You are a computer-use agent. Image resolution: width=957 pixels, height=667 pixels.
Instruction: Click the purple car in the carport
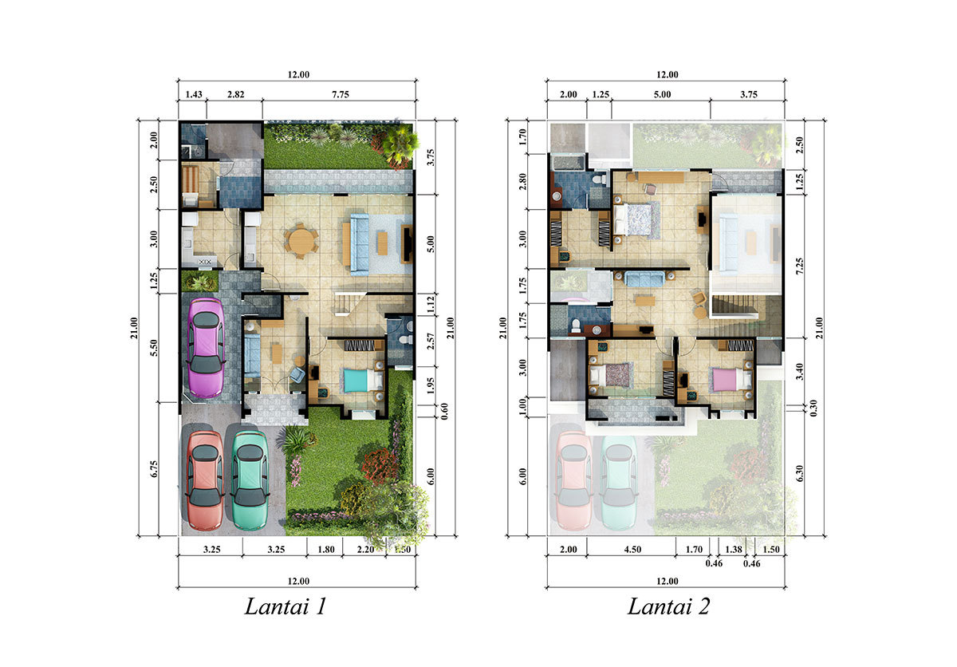click(x=206, y=348)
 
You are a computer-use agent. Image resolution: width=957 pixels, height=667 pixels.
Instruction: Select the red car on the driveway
click(x=205, y=480)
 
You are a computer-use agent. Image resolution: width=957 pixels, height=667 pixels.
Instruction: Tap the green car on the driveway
click(x=250, y=480)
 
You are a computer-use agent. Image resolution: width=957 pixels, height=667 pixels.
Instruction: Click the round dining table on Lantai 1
click(x=301, y=241)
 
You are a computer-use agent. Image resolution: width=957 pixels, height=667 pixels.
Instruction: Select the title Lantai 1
click(x=286, y=606)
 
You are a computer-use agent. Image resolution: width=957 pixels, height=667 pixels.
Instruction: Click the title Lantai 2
click(x=668, y=606)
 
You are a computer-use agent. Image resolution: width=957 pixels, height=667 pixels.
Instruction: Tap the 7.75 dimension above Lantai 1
click(x=341, y=94)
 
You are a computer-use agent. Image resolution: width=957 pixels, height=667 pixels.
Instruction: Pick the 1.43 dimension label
click(x=194, y=94)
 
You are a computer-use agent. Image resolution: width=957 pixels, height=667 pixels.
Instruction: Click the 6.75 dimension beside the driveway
click(x=154, y=469)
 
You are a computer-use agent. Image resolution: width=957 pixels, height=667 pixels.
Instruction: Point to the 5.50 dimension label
click(x=154, y=348)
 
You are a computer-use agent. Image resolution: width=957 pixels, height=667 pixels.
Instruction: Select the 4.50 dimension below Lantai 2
click(x=632, y=550)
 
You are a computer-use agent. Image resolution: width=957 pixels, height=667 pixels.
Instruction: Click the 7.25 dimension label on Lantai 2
click(x=800, y=266)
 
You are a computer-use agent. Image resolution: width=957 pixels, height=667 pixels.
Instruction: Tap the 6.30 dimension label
click(x=800, y=473)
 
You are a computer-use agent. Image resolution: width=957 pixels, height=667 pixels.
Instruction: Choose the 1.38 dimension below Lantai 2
click(x=734, y=550)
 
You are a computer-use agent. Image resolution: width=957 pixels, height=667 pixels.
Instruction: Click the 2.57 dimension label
click(x=431, y=341)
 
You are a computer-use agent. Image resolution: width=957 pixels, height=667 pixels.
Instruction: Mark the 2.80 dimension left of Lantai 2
click(x=522, y=181)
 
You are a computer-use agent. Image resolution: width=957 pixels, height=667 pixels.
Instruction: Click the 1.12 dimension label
click(x=431, y=304)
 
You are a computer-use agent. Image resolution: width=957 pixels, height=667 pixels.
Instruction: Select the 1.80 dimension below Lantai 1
click(x=326, y=550)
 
